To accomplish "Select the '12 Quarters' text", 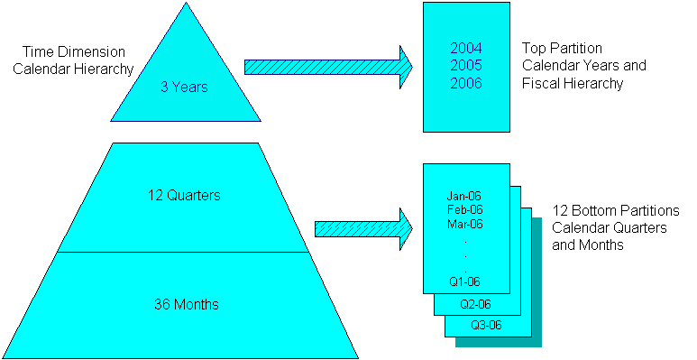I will [x=185, y=195].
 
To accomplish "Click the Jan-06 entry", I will [x=465, y=195].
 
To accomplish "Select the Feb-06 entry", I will [x=465, y=209].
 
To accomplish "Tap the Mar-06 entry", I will [x=465, y=224].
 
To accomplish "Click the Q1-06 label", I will [x=465, y=281].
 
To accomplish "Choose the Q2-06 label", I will [x=475, y=304].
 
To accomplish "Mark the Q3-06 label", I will [x=486, y=326].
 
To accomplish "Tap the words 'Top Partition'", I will [x=562, y=48].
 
